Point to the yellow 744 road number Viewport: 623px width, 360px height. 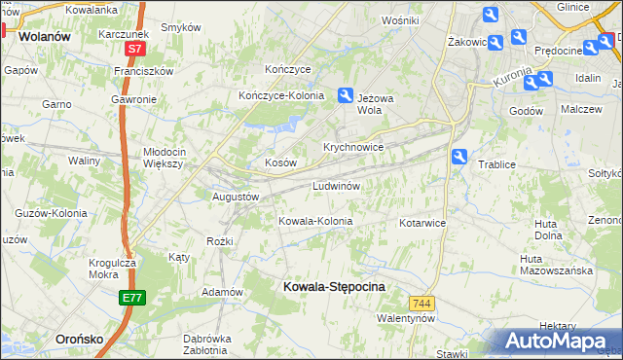tap(421, 304)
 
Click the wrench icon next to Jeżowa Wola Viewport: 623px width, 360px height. tap(345, 94)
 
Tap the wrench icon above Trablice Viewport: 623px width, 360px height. tap(459, 156)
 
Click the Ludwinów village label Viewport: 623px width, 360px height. tap(337, 185)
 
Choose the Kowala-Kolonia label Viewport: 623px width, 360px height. tap(315, 221)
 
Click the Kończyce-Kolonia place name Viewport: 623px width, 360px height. tap(281, 95)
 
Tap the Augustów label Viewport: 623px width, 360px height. tap(236, 196)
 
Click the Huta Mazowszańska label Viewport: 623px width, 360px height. tap(556, 265)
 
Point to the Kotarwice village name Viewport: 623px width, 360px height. tap(421, 223)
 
